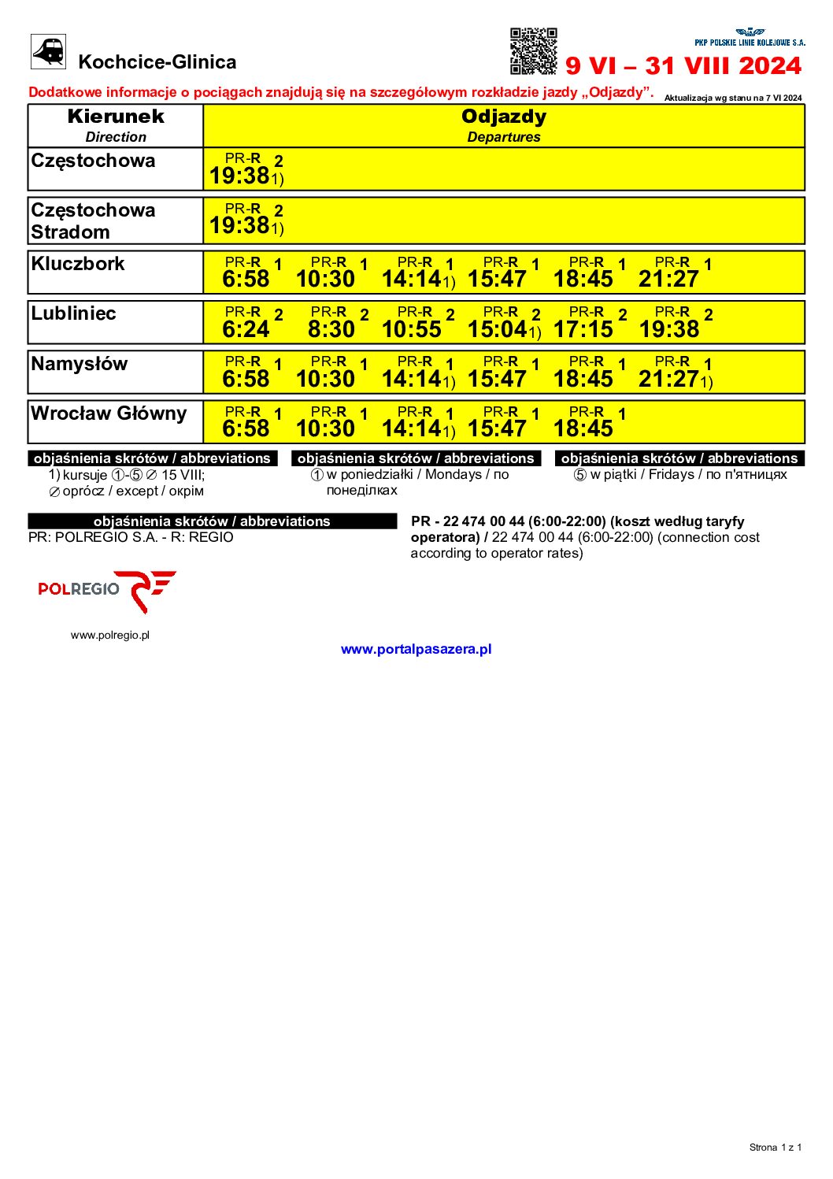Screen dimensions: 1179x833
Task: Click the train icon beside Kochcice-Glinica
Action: pyautogui.click(x=48, y=52)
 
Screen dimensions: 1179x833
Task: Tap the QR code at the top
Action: pyautogui.click(x=533, y=51)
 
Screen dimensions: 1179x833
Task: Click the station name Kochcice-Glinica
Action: pyautogui.click(x=157, y=62)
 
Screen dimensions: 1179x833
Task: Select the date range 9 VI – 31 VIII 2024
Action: pyautogui.click(x=683, y=65)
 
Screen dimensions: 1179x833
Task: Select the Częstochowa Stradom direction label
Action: pyautogui.click(x=93, y=221)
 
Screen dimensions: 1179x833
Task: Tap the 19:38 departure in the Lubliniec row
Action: pyautogui.click(x=668, y=329)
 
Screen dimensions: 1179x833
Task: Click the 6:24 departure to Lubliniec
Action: pyautogui.click(x=246, y=329)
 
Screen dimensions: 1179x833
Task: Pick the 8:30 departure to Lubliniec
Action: pyautogui.click(x=331, y=329)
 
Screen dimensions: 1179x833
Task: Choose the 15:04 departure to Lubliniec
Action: pyautogui.click(x=498, y=329)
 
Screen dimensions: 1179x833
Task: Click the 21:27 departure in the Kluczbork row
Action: pyautogui.click(x=668, y=279)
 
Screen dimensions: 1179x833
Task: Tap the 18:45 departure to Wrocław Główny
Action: pyautogui.click(x=583, y=428)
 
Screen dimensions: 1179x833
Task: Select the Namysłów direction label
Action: pyautogui.click(x=79, y=364)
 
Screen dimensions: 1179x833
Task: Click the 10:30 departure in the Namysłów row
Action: pyautogui.click(x=325, y=379)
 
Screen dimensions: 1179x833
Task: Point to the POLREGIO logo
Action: pyautogui.click(x=107, y=591)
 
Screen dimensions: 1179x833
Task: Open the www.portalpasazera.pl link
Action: pyautogui.click(x=416, y=649)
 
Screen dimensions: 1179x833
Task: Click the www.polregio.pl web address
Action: pyautogui.click(x=110, y=635)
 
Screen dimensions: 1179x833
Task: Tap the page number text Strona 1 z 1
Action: pyautogui.click(x=775, y=1147)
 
